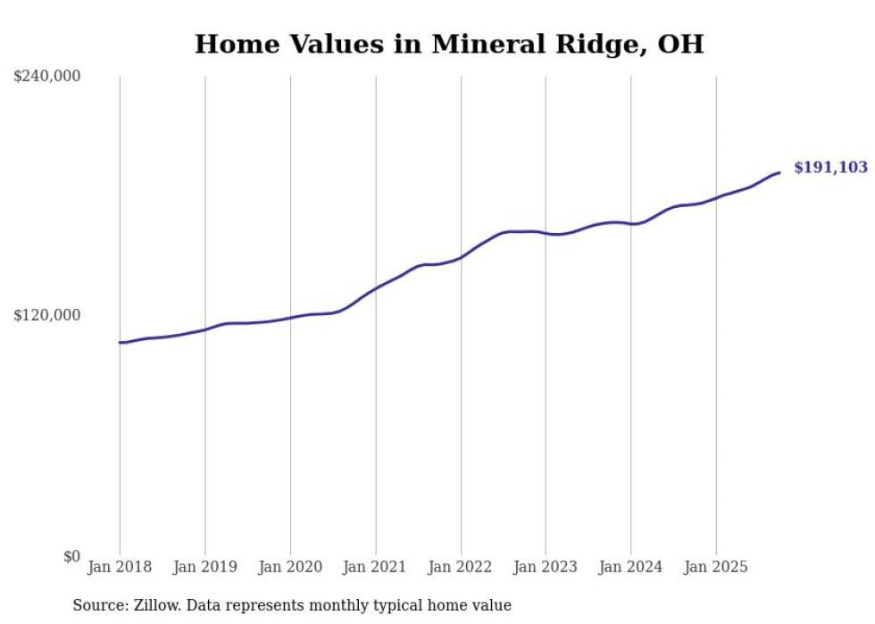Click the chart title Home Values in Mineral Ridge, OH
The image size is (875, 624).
[x=449, y=43]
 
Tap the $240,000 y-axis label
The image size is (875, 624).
[x=47, y=77]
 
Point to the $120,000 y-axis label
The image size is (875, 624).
[x=47, y=315]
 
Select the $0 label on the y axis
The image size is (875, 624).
[x=71, y=556]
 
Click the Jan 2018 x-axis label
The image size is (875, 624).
[x=120, y=567]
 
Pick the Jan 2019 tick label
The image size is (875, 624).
[x=204, y=567]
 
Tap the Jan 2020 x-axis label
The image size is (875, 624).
[x=290, y=567]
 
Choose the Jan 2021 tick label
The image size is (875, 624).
[x=375, y=567]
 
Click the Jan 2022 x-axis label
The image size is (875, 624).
[x=461, y=567]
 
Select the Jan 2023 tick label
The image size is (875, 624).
[x=546, y=567]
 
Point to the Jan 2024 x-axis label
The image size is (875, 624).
[x=630, y=567]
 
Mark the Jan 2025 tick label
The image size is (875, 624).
[x=716, y=567]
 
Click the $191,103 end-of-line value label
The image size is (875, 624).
[x=830, y=168]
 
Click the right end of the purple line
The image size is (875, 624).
[x=779, y=172]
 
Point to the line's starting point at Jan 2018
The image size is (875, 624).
[x=121, y=343]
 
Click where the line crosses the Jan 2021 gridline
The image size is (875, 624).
[x=375, y=288]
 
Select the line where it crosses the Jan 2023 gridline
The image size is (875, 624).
[x=546, y=234]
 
